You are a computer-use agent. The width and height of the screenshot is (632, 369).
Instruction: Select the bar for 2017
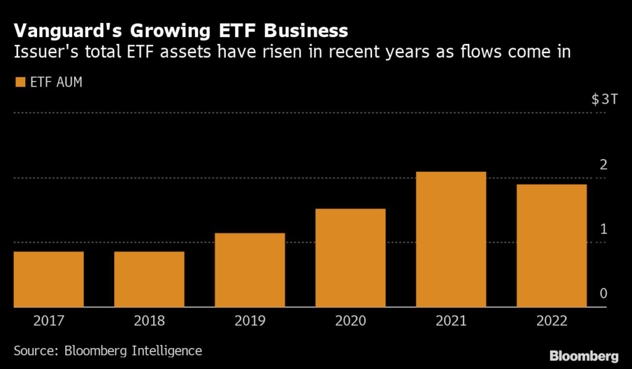pos(48,279)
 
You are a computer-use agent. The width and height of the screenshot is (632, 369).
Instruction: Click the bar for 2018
pos(149,279)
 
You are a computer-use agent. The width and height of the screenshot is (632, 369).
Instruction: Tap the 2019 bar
pos(249,269)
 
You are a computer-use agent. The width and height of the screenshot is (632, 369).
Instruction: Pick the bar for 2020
pos(350,257)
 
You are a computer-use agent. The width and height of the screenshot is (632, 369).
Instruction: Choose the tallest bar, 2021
pos(451,239)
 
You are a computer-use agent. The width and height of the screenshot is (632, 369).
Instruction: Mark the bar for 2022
pos(551,245)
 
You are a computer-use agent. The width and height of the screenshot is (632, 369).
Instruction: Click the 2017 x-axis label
pos(48,321)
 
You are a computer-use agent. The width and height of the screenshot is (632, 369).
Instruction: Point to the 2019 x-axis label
pos(249,321)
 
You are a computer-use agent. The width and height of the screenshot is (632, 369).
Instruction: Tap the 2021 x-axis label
pos(451,321)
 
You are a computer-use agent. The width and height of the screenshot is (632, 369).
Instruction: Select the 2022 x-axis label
pos(551,321)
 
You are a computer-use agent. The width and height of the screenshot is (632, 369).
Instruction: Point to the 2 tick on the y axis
pos(604,164)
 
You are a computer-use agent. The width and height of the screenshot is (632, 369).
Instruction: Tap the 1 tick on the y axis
pos(604,229)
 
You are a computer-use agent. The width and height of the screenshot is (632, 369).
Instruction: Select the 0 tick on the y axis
pos(604,294)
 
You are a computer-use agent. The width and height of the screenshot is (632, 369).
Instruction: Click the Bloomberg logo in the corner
pos(584,356)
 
